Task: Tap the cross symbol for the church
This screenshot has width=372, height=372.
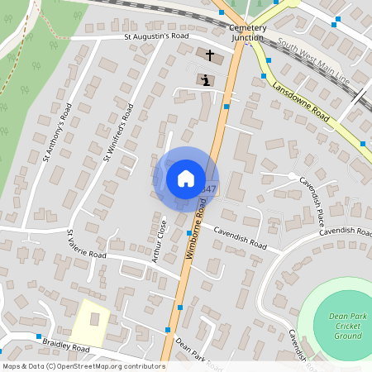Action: tap(209, 56)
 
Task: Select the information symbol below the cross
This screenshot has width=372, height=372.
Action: tap(204, 80)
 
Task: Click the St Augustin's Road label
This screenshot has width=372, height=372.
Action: tap(157, 37)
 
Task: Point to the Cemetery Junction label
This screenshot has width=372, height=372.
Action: tap(246, 32)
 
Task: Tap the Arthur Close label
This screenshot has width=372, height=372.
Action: tap(158, 242)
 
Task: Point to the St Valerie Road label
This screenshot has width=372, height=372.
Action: tap(87, 246)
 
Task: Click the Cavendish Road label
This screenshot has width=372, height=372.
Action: tap(241, 241)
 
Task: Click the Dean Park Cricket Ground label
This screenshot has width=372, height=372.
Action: tap(347, 326)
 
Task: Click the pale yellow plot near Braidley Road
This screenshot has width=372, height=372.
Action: tap(88, 322)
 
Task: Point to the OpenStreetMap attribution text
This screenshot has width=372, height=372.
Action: tap(83, 366)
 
